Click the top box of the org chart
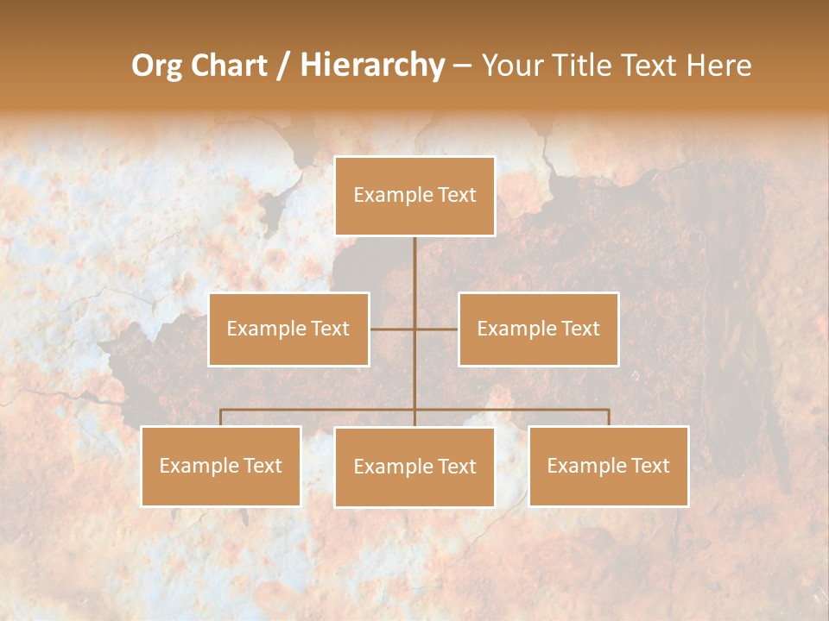pyautogui.click(x=414, y=196)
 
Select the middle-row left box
pyautogui.click(x=288, y=329)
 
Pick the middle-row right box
pyautogui.click(x=538, y=329)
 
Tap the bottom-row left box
pyautogui.click(x=220, y=466)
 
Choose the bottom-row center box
pyautogui.click(x=414, y=467)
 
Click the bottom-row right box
pyautogui.click(x=608, y=466)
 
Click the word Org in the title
pyautogui.click(x=157, y=66)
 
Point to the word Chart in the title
pyautogui.click(x=229, y=66)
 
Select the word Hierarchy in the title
pyautogui.click(x=371, y=66)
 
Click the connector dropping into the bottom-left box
pyautogui.click(x=220, y=417)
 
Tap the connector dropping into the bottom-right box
pyautogui.click(x=609, y=417)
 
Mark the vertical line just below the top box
pyautogui.click(x=414, y=259)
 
